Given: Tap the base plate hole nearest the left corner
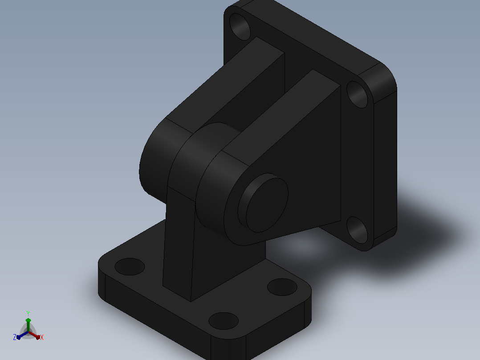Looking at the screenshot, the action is click(x=130, y=266).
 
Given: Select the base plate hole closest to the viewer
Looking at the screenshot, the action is click(x=224, y=321).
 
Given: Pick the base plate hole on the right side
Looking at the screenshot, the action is click(x=282, y=287).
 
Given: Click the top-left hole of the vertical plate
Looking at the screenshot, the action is click(x=240, y=27).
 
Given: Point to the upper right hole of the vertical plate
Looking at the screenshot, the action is click(x=357, y=94).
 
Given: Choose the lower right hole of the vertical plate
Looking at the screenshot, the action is click(x=357, y=230).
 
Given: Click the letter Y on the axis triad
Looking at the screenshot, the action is click(x=28, y=313).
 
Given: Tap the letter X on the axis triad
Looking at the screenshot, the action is click(x=42, y=337).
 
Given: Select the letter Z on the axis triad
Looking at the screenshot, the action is click(x=15, y=337).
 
